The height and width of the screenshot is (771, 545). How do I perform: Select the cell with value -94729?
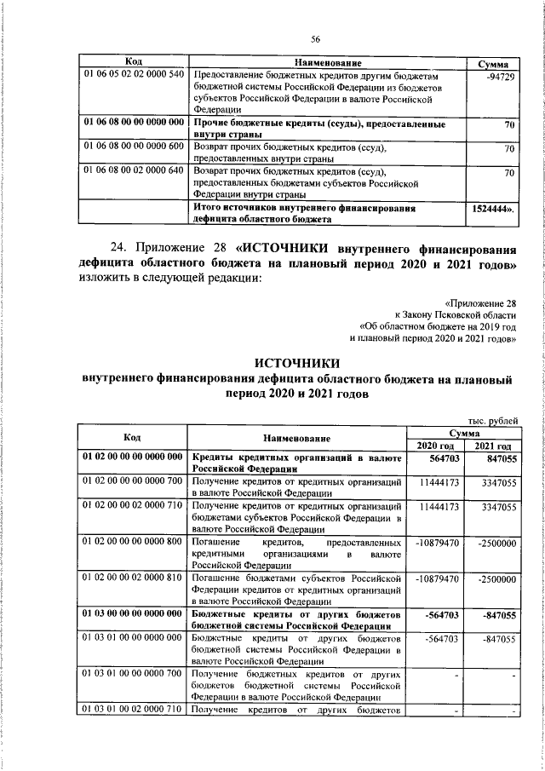pos(498,77)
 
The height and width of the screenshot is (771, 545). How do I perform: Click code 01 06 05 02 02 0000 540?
pos(133,77)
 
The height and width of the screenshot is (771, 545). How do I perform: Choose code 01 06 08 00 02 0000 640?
pos(133,172)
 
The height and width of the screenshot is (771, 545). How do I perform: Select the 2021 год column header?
pos(493,446)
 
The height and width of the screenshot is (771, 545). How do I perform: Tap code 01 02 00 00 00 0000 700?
pos(133,482)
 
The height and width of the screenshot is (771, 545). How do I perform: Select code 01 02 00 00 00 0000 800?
pos(133,542)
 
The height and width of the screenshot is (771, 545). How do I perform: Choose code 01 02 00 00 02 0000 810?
pos(133,578)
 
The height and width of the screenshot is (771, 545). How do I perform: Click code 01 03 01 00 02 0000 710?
pos(133,710)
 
